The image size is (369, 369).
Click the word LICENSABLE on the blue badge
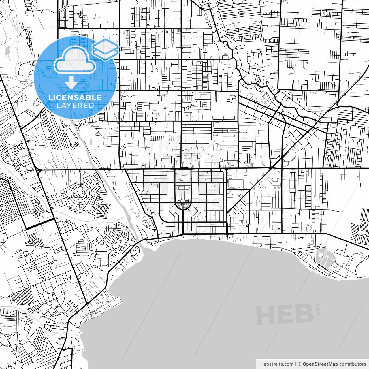coord(75,97)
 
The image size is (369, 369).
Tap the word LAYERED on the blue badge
coord(75,105)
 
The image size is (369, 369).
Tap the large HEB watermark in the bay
coord(285,315)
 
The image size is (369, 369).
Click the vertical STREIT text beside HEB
coord(319,312)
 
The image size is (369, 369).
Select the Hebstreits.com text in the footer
coord(277,364)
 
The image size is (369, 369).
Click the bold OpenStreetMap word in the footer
coord(320,364)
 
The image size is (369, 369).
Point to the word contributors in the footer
coord(353,364)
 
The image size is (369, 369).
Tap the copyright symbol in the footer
coord(300,364)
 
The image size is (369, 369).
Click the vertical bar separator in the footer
coord(296,364)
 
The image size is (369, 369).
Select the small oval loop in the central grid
coord(183,188)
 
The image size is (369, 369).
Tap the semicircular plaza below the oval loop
coord(183,206)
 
